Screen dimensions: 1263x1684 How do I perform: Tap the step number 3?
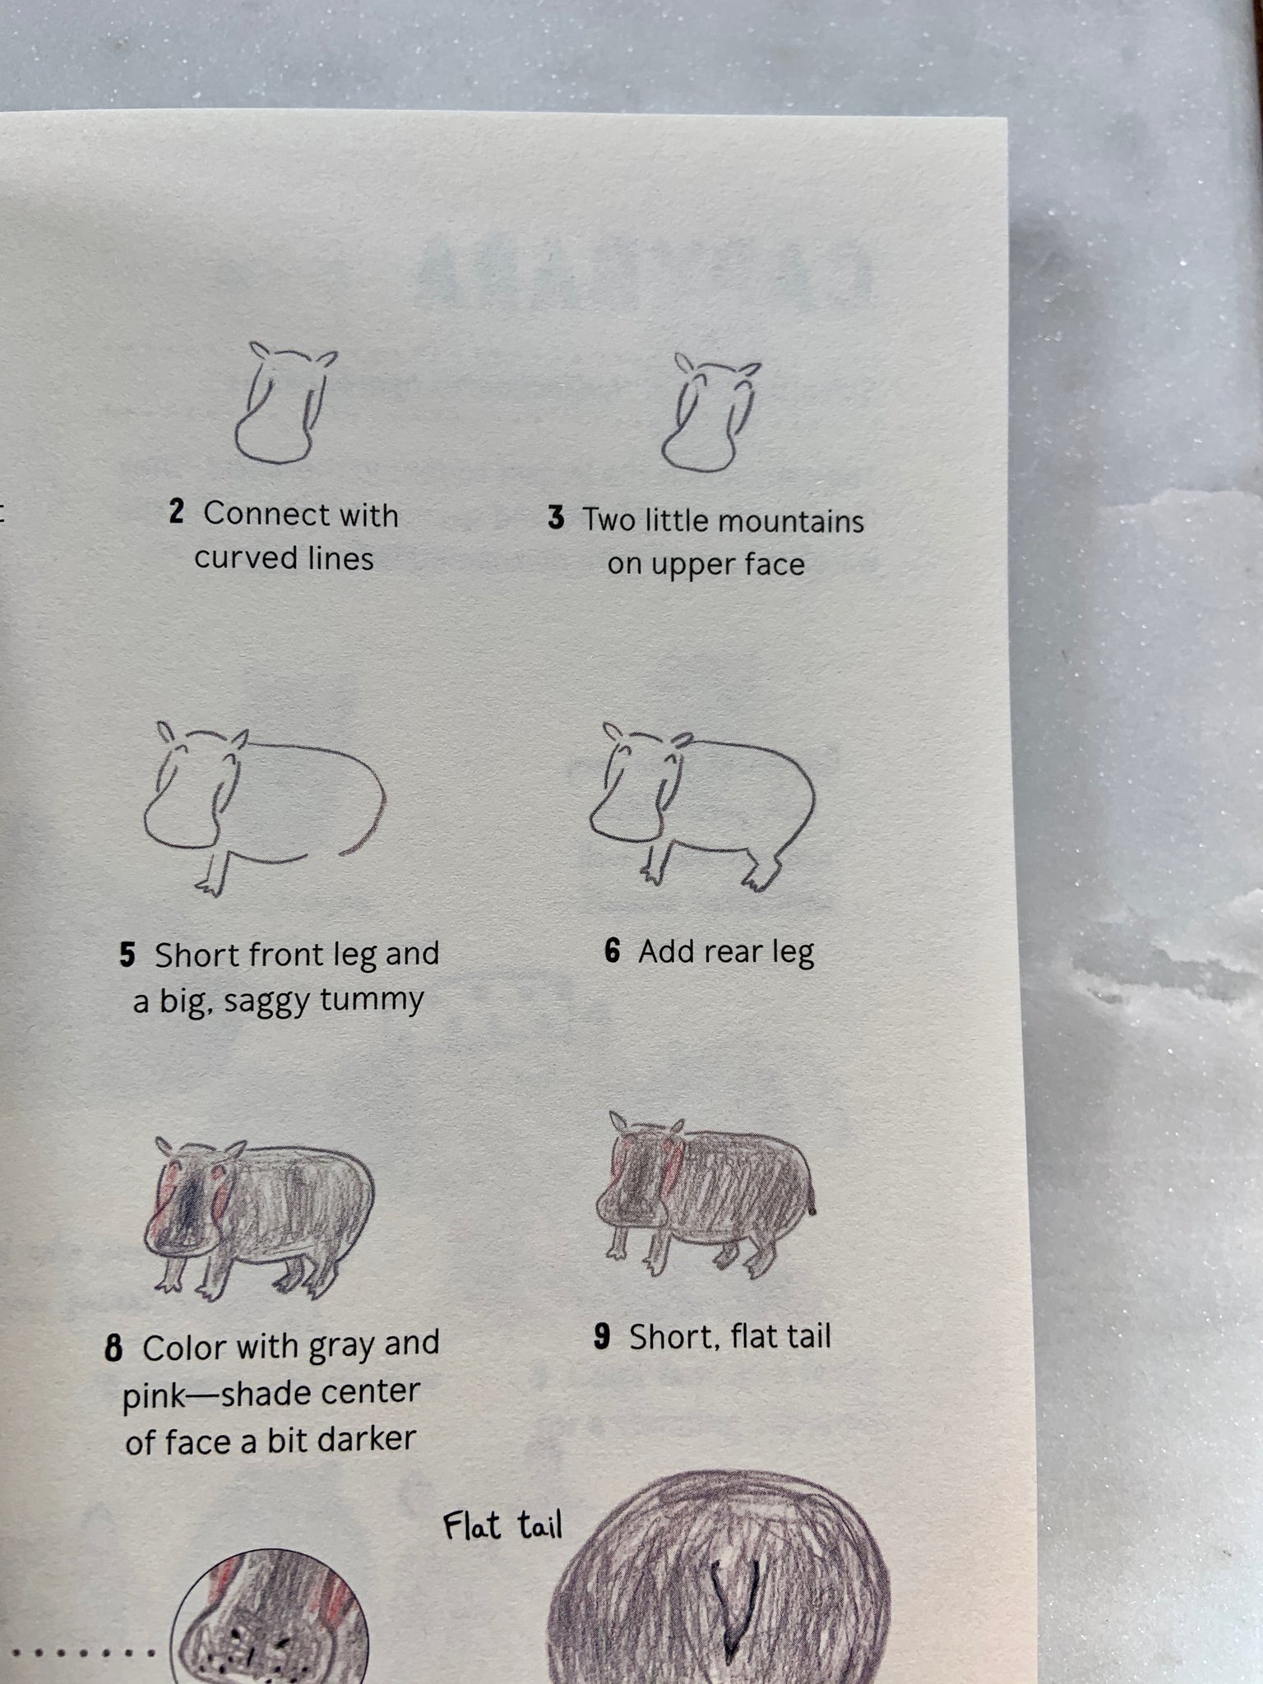tap(556, 519)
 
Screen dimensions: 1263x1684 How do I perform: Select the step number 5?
tap(127, 955)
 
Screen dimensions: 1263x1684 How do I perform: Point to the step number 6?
tap(612, 952)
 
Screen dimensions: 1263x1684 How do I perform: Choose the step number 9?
tap(602, 1336)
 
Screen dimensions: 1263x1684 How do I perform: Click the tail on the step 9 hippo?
tap(813, 1199)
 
